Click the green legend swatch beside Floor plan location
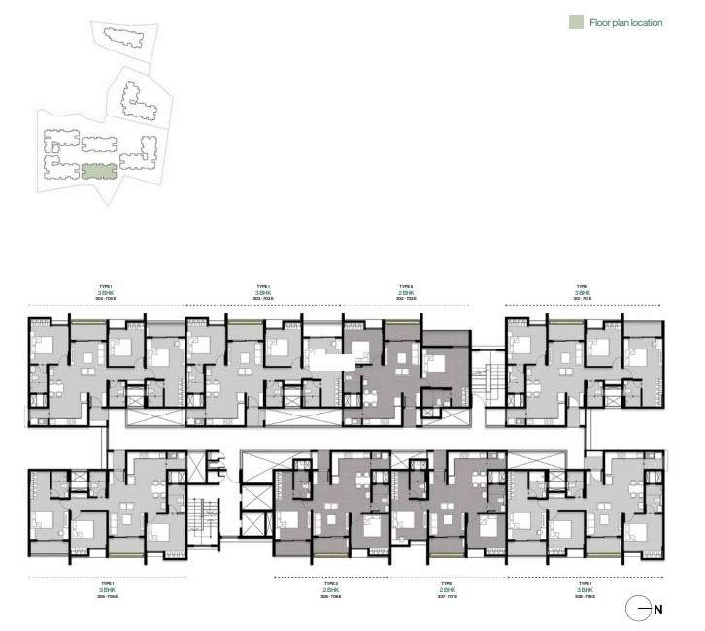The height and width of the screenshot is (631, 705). pos(577,21)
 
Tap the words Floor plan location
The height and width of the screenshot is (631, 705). pos(626,21)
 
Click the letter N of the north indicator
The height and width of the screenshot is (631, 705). pos(657,610)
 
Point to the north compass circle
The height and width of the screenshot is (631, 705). pos(637,610)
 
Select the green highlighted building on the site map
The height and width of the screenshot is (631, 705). pos(98,172)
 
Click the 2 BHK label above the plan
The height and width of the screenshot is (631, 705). pos(407,293)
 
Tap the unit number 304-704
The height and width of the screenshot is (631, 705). pos(106,299)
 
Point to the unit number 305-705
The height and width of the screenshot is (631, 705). pos(106,597)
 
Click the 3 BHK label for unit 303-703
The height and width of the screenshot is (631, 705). pos(262,293)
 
